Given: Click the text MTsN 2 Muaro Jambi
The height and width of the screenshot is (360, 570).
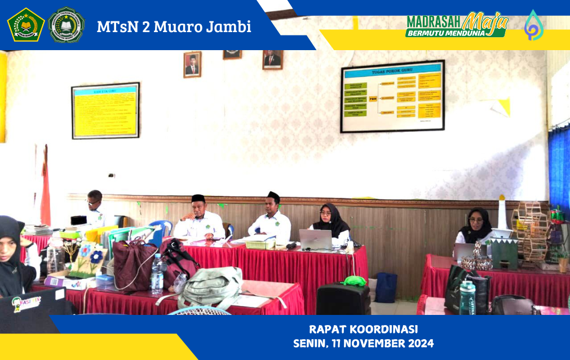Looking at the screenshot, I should tap(174, 26).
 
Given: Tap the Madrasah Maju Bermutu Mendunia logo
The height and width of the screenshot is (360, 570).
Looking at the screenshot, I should tap(457, 25).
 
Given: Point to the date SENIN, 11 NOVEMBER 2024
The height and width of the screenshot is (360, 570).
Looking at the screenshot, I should tap(363, 343).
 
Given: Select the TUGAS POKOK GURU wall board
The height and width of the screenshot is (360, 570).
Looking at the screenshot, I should tap(392, 96).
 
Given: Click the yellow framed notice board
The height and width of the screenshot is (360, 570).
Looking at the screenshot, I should tap(105, 110).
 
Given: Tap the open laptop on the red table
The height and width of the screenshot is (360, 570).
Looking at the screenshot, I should tap(315, 239).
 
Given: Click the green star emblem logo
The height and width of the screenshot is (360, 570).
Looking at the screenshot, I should tap(26, 25).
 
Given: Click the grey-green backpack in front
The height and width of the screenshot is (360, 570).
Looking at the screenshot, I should tap(211, 288).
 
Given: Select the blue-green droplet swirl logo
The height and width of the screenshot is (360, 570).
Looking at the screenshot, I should tap(533, 25).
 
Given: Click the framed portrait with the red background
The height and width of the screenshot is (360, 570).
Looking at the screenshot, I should tap(192, 64).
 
